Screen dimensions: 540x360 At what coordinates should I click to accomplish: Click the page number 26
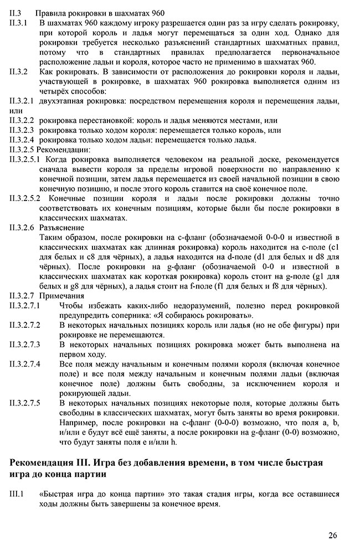coord(332,534)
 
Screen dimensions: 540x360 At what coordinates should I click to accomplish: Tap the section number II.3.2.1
coord(22,101)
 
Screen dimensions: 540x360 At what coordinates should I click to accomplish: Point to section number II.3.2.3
coord(22,130)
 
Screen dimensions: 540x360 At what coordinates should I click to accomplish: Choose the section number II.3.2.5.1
coord(24,160)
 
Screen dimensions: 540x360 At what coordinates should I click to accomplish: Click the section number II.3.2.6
coord(22,228)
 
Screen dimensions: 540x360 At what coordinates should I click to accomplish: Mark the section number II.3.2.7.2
coord(25,325)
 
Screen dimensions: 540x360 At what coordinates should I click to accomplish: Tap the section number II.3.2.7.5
coord(25,403)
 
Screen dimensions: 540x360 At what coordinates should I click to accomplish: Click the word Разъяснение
coord(62,228)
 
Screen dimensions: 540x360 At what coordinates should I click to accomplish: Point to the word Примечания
coord(62,296)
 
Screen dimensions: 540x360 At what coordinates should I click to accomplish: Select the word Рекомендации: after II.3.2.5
coord(64,150)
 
